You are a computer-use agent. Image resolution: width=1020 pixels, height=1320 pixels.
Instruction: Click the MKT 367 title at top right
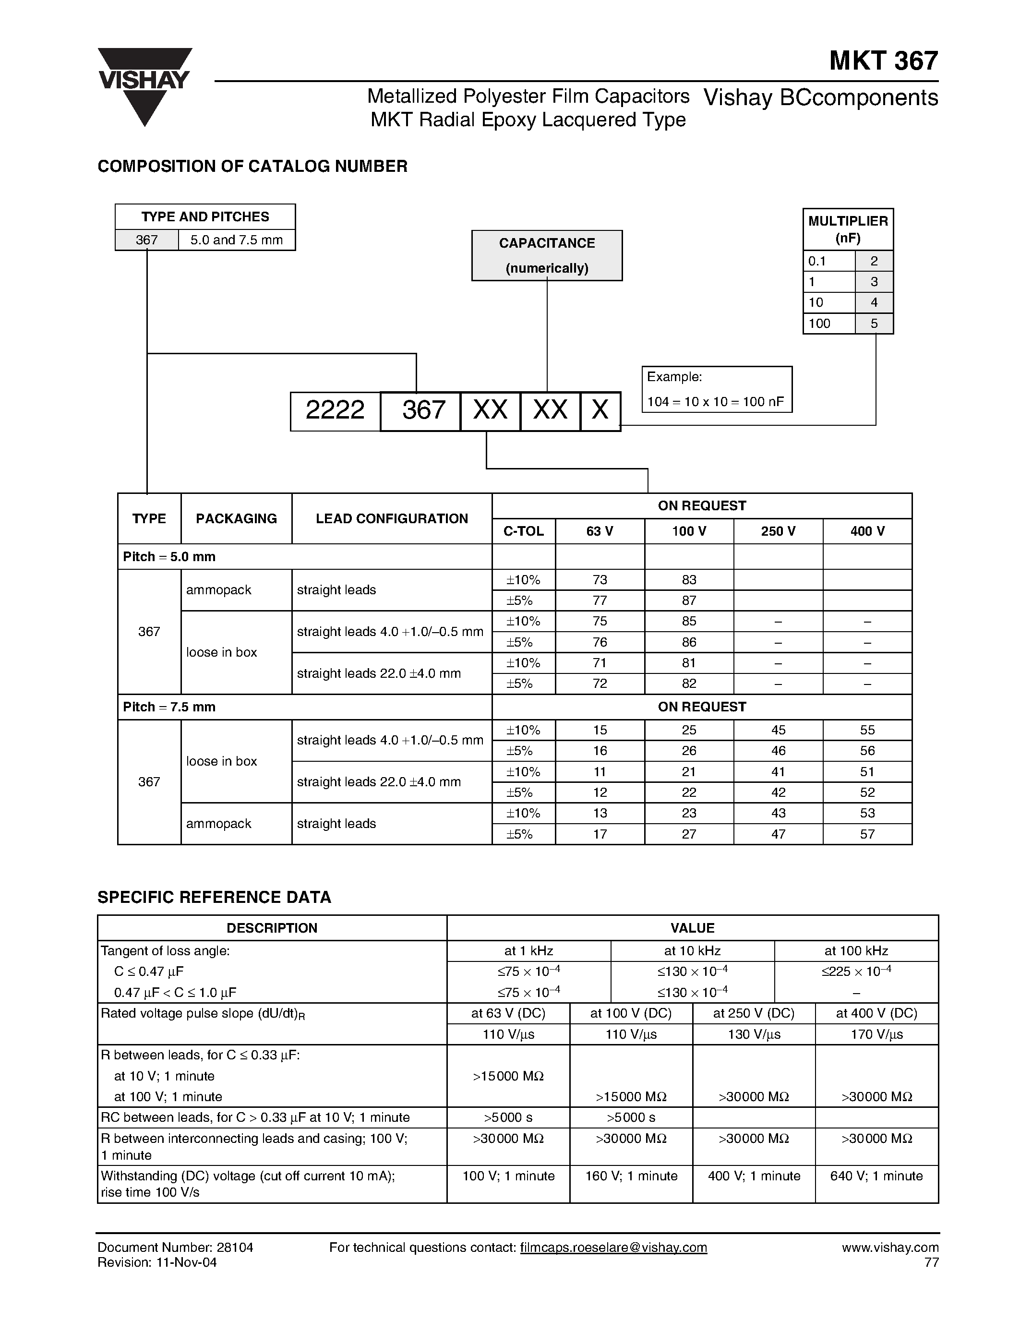pyautogui.click(x=883, y=61)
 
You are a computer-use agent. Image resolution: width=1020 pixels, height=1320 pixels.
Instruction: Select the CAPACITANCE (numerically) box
pyautogui.click(x=546, y=255)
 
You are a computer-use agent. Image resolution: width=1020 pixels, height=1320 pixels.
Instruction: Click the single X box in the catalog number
pyautogui.click(x=600, y=411)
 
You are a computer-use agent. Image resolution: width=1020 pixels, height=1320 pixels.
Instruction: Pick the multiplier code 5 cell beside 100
pyautogui.click(x=874, y=324)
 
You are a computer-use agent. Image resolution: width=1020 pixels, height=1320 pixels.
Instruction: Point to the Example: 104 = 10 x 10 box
pyautogui.click(x=716, y=389)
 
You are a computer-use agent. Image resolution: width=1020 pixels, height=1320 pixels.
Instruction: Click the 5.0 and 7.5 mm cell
pyautogui.click(x=236, y=240)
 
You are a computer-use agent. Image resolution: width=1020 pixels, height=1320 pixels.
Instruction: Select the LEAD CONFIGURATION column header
pyautogui.click(x=392, y=518)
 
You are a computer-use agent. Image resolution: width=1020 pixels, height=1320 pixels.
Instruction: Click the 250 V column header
pyautogui.click(x=778, y=531)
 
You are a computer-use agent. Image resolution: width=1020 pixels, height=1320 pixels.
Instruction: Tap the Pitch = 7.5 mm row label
pyautogui.click(x=169, y=707)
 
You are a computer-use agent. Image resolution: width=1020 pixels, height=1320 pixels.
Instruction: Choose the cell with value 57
pyautogui.click(x=867, y=834)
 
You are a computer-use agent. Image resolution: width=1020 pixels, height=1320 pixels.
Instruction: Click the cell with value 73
pyautogui.click(x=600, y=580)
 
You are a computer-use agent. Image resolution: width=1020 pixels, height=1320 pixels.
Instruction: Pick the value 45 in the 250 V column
pyautogui.click(x=778, y=730)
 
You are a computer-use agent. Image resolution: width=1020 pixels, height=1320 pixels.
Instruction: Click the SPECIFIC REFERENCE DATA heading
pyautogui.click(x=214, y=897)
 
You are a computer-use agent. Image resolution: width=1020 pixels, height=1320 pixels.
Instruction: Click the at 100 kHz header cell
pyautogui.click(x=856, y=951)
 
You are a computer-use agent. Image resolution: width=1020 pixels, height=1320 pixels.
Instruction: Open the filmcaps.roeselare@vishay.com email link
pyautogui.click(x=613, y=1248)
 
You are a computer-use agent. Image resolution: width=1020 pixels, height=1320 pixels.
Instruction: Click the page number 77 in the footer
pyautogui.click(x=931, y=1262)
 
